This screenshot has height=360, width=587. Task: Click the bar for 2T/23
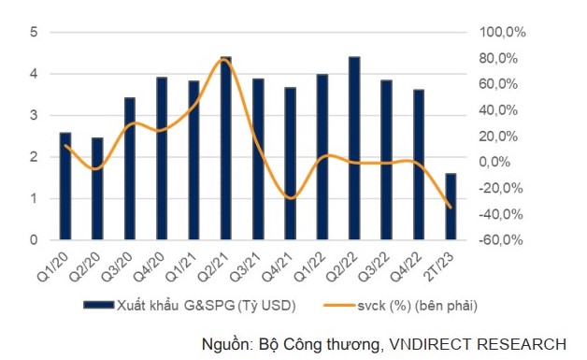coord(451,207)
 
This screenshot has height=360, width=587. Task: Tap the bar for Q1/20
coord(64,186)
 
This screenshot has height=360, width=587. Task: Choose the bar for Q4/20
coord(162,159)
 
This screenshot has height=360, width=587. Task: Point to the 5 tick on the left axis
coord(34,32)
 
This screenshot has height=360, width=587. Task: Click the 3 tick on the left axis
coord(34,115)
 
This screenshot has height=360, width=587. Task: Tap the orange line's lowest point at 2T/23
coord(451,207)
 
